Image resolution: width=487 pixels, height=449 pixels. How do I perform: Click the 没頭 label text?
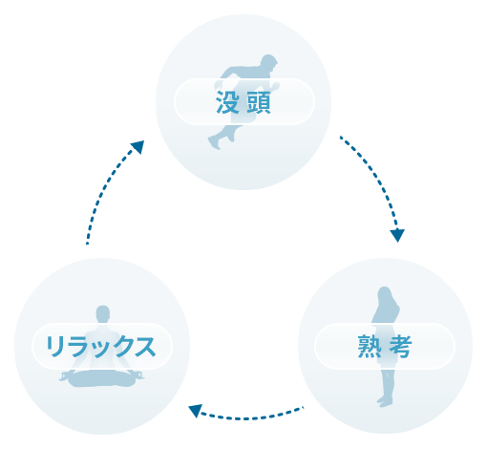[x=243, y=102]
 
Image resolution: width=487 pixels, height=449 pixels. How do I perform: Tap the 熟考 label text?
[x=385, y=347]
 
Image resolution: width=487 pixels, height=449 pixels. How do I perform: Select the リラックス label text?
[x=101, y=347]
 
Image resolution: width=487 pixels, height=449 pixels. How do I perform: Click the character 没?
[x=227, y=102]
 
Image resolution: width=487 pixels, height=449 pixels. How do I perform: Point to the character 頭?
[x=259, y=102]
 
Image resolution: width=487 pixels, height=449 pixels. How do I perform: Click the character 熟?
[x=370, y=347]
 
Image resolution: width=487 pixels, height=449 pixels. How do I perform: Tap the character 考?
[x=400, y=347]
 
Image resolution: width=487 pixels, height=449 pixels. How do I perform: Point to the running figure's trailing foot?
[x=214, y=142]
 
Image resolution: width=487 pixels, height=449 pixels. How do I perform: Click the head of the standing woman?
[x=384, y=294]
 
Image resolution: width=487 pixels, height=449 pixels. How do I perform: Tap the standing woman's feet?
[x=385, y=401]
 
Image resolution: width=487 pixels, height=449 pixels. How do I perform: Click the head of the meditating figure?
[x=103, y=314]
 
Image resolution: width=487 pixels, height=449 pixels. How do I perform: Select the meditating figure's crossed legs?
[x=101, y=378]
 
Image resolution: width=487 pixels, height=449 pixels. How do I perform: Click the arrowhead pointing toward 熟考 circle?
[x=397, y=235]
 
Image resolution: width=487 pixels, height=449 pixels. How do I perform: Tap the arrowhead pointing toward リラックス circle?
[x=196, y=410]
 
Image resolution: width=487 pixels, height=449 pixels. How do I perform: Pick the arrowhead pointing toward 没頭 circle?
[x=138, y=147]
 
